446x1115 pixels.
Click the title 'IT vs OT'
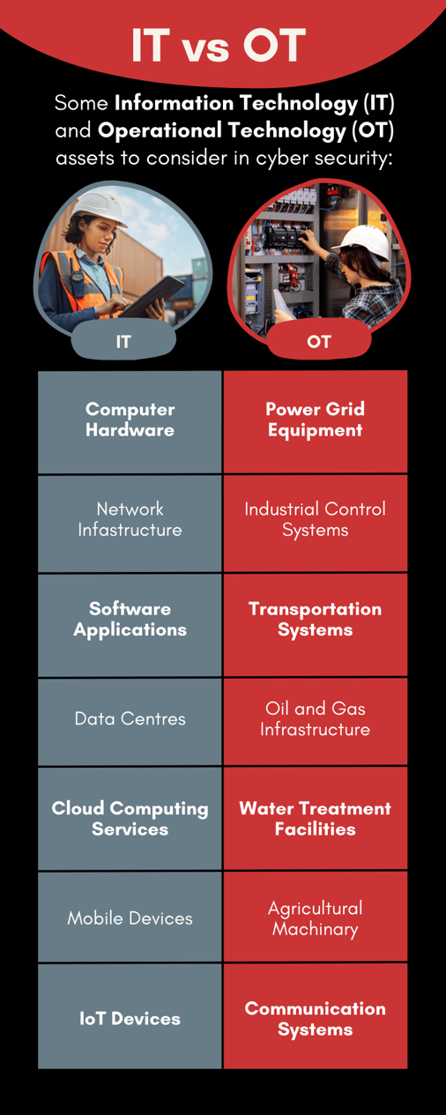[219, 45]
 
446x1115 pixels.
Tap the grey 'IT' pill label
[123, 341]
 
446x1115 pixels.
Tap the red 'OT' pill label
[319, 341]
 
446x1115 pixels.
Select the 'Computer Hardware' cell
[130, 421]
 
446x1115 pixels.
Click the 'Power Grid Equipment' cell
[316, 421]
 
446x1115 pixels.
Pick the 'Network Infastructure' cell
[130, 524]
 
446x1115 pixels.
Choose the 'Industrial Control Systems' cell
[316, 524]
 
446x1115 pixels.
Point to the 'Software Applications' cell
[130, 625]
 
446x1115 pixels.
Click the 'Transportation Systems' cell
[316, 625]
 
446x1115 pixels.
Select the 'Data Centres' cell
[130, 722]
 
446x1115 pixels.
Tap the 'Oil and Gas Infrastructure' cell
[316, 722]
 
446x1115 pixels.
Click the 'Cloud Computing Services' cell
[130, 818]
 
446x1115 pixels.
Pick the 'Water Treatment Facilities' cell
[316, 818]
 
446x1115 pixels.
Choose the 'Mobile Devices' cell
[130, 917]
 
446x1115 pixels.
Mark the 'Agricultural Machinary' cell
[316, 917]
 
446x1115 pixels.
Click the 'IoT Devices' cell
[130, 1016]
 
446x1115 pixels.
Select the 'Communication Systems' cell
[316, 1016]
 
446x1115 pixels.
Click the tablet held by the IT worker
[152, 297]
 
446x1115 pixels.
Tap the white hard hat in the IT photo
[100, 207]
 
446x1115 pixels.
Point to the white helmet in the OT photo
[366, 241]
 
